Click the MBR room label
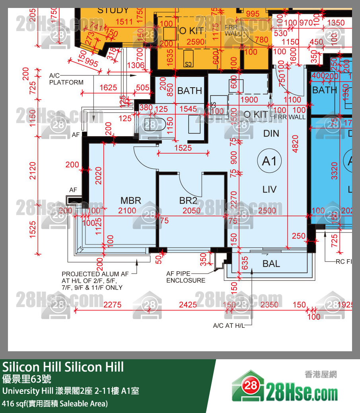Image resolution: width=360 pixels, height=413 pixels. tap(131, 200)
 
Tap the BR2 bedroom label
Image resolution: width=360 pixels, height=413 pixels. tap(188, 200)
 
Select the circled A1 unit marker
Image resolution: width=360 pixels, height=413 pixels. tap(269, 161)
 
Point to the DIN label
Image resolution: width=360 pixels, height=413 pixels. tap(271, 133)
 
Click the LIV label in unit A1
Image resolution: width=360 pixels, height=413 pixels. tap(269, 189)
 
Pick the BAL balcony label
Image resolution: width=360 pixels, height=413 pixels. tap(271, 264)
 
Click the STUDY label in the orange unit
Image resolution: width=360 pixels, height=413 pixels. tap(113, 10)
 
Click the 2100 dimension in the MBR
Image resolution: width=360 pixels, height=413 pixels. tap(127, 211)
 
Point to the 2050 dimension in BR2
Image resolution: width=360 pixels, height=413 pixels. tap(192, 211)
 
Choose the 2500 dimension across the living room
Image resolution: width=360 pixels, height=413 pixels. tap(267, 211)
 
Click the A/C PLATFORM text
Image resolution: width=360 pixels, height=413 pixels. tap(66, 79)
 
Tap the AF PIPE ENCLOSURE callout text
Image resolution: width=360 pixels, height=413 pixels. tap(186, 277)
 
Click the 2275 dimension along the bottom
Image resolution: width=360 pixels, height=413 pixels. tap(112, 305)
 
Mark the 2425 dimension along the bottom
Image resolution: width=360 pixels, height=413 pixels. tap(188, 305)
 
